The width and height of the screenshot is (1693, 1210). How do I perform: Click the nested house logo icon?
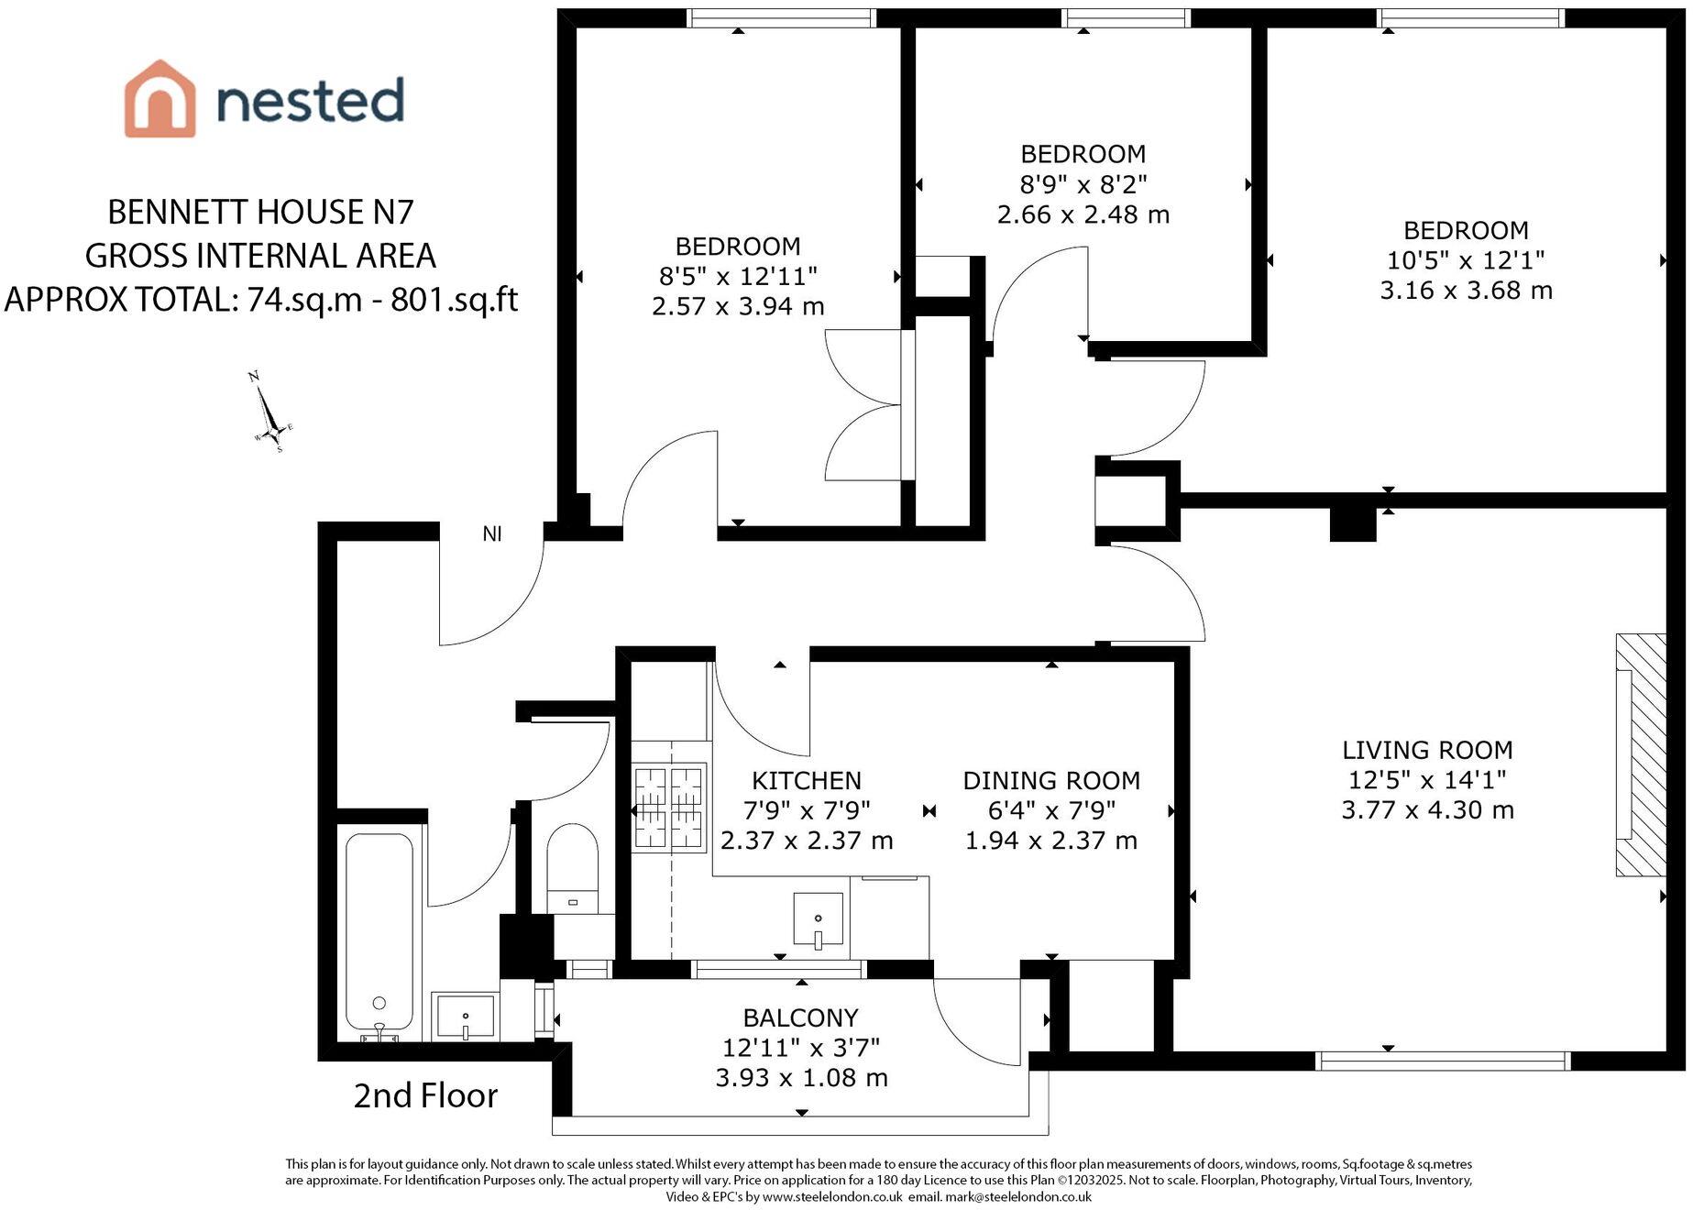(159, 98)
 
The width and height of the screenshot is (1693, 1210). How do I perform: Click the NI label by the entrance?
(492, 533)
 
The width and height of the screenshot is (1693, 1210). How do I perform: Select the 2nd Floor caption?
(425, 1095)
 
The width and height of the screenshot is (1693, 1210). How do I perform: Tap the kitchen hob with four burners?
(669, 808)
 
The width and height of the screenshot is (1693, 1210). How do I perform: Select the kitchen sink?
(818, 919)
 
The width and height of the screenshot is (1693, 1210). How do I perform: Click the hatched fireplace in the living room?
(1641, 754)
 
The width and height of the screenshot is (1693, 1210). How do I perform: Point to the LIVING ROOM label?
(1427, 750)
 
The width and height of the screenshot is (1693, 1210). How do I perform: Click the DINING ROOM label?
(1051, 781)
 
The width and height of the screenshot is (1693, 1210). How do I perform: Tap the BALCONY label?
(801, 1017)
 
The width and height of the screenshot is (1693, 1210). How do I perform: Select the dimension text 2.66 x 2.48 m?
(1083, 214)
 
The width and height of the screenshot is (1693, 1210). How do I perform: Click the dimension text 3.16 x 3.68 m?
(1467, 291)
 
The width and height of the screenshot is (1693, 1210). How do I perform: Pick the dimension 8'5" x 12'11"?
(738, 276)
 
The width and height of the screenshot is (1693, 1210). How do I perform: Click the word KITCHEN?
(807, 781)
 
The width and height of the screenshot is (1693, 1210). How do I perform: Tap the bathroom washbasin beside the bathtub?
(465, 1017)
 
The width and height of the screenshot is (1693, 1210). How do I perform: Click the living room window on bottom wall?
(1443, 1061)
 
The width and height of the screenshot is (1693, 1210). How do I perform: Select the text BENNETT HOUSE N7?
(261, 212)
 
